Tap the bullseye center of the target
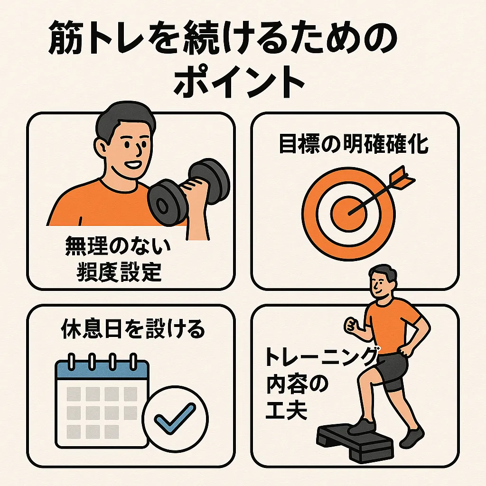pyautogui.click(x=349, y=214)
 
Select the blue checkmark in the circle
pyautogui.click(x=175, y=419)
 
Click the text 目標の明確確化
pyautogui.click(x=354, y=144)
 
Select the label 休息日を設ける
pyautogui.click(x=133, y=329)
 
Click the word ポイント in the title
pyautogui.click(x=239, y=81)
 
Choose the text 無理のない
pyautogui.click(x=118, y=246)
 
